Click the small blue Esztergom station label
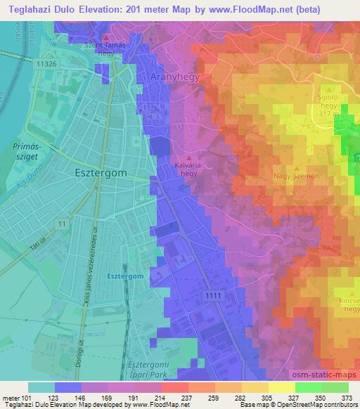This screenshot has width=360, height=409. tap(126, 276)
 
